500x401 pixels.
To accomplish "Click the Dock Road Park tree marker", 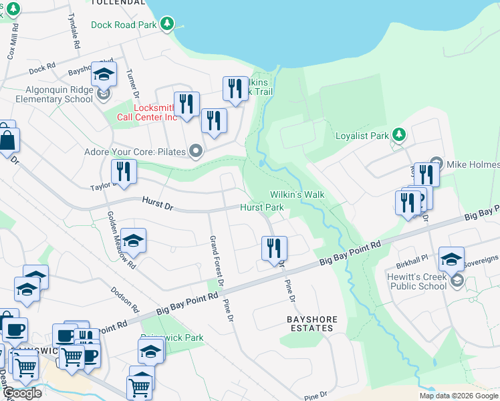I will pyautogui.click(x=167, y=25).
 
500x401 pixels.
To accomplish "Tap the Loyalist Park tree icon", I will pyautogui.click(x=399, y=136).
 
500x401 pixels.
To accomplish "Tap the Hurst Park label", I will pyautogui.click(x=262, y=208).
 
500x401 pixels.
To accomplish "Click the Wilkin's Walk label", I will pyautogui.click(x=297, y=194).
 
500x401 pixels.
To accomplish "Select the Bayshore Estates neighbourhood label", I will pyautogui.click(x=311, y=323).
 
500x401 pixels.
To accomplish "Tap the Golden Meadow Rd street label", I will pyautogui.click(x=122, y=240).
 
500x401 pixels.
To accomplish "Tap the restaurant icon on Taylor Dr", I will pyautogui.click(x=124, y=172).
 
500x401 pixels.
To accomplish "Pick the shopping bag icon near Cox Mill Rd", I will pyautogui.click(x=8, y=141).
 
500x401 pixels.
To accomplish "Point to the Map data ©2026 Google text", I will pyautogui.click(x=459, y=396).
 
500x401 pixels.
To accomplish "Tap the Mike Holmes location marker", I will pyautogui.click(x=436, y=163).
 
